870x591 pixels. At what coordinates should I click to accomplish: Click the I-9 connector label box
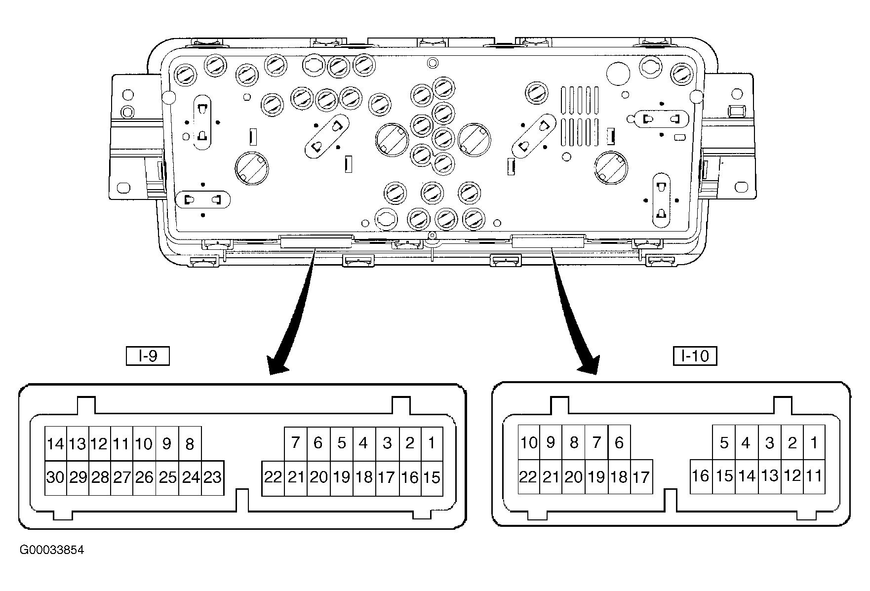[148, 356]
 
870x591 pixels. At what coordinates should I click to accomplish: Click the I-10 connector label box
[695, 356]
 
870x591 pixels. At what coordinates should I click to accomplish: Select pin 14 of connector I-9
[56, 444]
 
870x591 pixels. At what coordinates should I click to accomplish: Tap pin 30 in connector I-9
[56, 478]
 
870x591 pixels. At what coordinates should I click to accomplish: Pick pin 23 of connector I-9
[213, 478]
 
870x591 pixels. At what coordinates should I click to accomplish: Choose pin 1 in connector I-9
[432, 444]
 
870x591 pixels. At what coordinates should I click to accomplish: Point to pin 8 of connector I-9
[190, 444]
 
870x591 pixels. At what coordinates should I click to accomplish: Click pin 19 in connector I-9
[342, 478]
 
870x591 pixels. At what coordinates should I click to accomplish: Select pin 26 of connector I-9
[144, 478]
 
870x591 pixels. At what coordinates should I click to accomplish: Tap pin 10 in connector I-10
[529, 442]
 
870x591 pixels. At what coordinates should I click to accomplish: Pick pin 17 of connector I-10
[641, 477]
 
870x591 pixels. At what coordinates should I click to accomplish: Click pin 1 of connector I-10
[814, 442]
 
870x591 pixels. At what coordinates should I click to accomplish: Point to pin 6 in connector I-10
[619, 442]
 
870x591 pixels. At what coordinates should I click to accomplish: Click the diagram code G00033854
[52, 550]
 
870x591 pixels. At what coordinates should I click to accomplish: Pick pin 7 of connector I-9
[296, 444]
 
